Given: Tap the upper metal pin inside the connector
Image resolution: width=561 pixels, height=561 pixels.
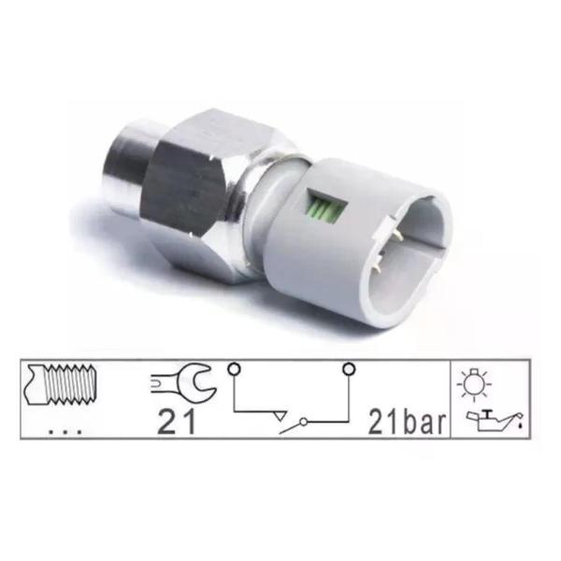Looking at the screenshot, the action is tap(399, 236).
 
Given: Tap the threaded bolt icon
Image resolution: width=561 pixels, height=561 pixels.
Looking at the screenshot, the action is tap(60, 384).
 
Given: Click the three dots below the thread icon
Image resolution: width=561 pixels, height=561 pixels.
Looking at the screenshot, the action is tap(65, 432).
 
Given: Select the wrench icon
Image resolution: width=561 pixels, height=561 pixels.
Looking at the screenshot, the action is tap(183, 385).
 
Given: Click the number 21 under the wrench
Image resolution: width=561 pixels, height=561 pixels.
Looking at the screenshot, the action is tap(177, 423).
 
